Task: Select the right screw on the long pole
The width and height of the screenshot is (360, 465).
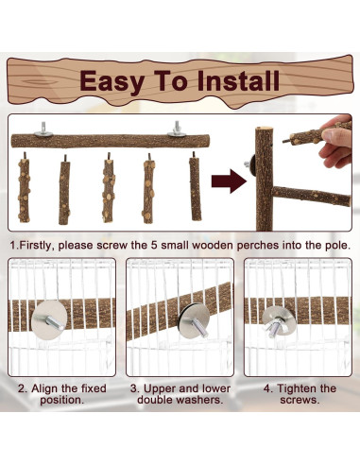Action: click(x=176, y=127)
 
